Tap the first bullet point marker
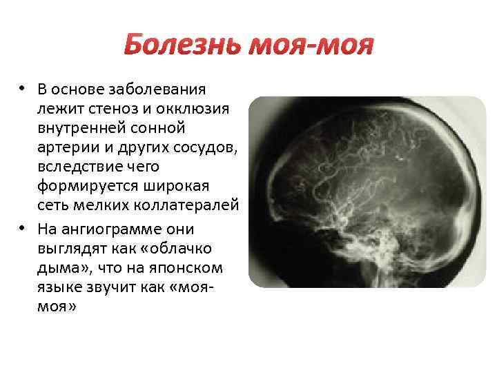click(x=23, y=88)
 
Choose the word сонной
click(x=158, y=129)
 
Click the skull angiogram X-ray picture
click(x=367, y=192)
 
